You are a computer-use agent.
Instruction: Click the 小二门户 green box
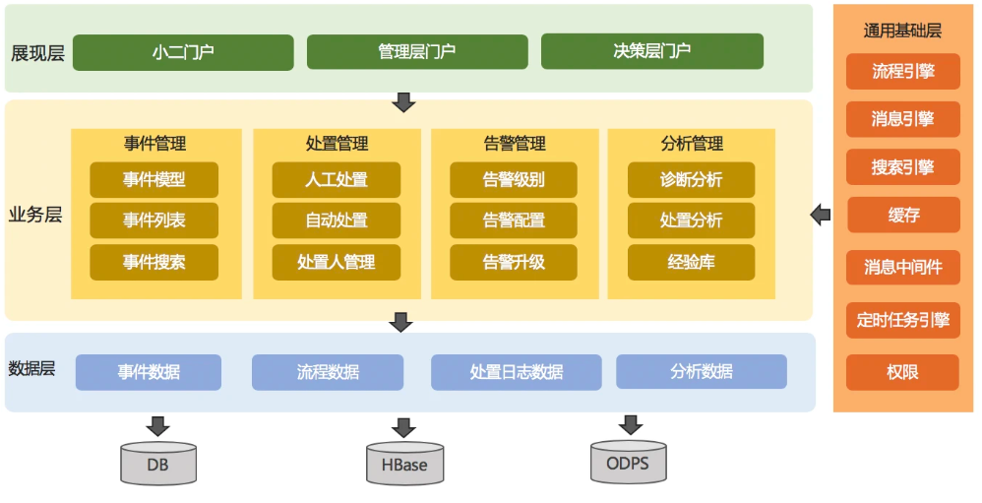coord(183,52)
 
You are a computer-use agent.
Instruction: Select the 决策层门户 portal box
coord(651,51)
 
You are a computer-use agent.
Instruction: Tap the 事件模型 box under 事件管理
coord(153,180)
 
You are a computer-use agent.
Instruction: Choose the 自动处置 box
coord(337,220)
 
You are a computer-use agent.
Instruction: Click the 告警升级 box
coord(514,262)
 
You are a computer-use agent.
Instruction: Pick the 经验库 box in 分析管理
coord(691,262)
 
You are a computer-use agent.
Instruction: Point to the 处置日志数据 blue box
coord(516,372)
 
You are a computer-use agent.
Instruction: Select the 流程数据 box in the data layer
coord(328,372)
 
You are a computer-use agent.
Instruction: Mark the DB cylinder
coord(157,464)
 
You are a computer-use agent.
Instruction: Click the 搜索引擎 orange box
coord(902,167)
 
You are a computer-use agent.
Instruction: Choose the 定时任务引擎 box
coord(902,320)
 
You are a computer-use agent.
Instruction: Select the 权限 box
coord(902,372)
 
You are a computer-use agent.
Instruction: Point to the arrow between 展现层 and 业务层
coord(402,102)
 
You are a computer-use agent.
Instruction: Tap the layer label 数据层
coord(31,369)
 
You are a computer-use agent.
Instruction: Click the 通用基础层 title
coord(902,31)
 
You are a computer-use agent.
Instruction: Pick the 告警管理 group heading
coord(514,144)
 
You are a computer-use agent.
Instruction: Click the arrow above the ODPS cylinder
coord(629,424)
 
